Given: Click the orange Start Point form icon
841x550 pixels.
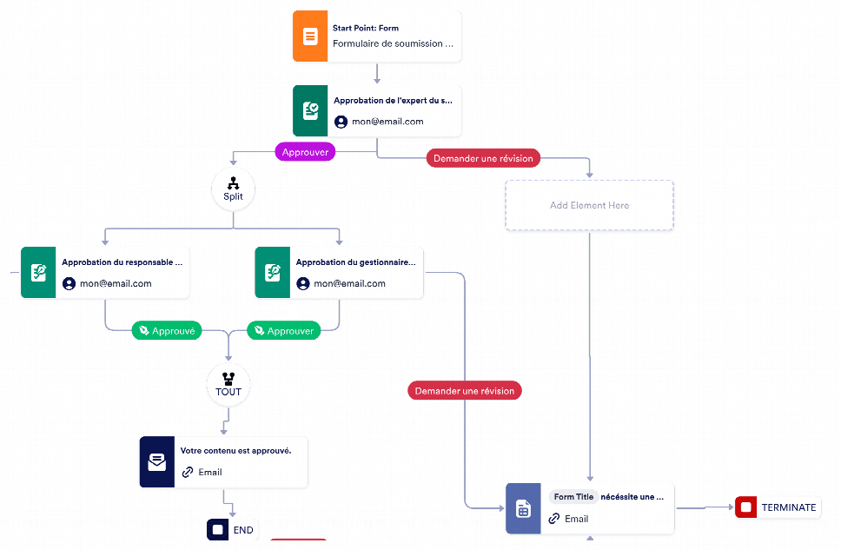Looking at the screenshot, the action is point(310,36).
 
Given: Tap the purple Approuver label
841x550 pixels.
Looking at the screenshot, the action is point(305,152).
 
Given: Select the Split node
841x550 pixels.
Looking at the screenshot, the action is point(234,189).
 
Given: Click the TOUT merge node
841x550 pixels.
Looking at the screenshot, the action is point(228,385).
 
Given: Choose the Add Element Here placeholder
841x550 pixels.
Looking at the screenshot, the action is point(589,205).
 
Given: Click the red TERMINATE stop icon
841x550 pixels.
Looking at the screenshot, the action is point(746,507).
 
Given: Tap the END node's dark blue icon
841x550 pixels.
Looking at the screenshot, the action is point(218,530).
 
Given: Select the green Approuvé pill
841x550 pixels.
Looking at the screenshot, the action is point(167,330).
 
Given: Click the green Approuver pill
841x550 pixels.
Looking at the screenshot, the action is point(284,330).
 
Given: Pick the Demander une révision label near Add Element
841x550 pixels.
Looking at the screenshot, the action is point(483,158).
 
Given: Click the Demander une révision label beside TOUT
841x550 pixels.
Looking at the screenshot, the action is point(465,391).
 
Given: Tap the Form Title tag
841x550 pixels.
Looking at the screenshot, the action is point(573,497).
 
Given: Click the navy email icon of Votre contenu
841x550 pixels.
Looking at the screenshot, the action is point(157,462).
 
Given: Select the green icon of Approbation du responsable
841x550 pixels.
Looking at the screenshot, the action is point(38,273).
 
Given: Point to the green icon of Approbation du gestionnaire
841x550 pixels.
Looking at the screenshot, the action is point(273,273).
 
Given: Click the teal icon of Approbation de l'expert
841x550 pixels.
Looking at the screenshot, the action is point(310,110).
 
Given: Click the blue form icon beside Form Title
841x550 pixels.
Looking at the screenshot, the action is point(524,508).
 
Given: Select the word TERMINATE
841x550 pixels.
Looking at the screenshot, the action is point(789,507).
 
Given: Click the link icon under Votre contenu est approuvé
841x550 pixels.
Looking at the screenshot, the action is point(187,472).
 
